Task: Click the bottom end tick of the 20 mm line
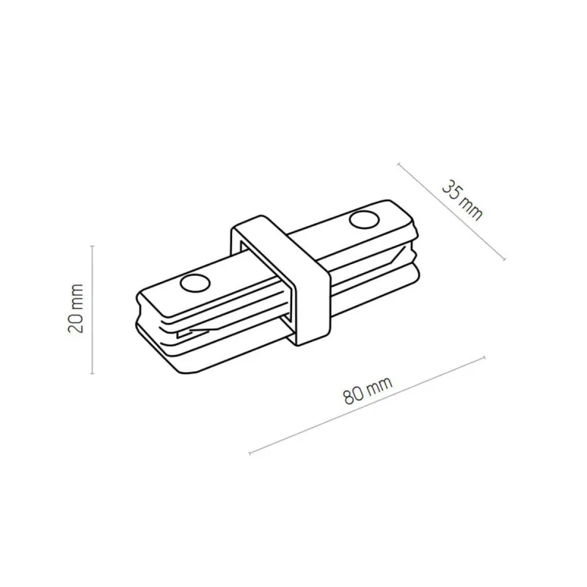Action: [x=92, y=373]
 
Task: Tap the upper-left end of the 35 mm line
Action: [x=399, y=163]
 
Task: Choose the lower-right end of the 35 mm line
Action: [x=505, y=258]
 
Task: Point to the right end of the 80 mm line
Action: [x=484, y=357]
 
